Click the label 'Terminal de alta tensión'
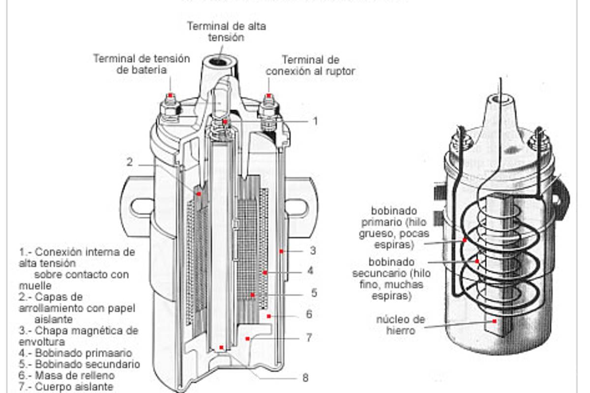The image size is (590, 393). point(226,31)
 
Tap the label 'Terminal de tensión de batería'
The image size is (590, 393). point(142,64)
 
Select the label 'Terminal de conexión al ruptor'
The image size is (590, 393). point(310,65)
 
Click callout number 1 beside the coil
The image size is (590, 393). point(316,121)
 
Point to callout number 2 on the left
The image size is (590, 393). point(129,162)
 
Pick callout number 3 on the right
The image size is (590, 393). point(313,251)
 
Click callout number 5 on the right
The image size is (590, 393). point(314,293)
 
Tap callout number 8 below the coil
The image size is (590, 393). point(305,378)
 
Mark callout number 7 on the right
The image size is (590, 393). point(309,337)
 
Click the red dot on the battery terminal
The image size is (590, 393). point(170,95)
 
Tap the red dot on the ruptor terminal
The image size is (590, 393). point(268,95)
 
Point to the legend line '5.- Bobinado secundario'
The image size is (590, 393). point(79,364)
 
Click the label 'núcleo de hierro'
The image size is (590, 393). point(401,325)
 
